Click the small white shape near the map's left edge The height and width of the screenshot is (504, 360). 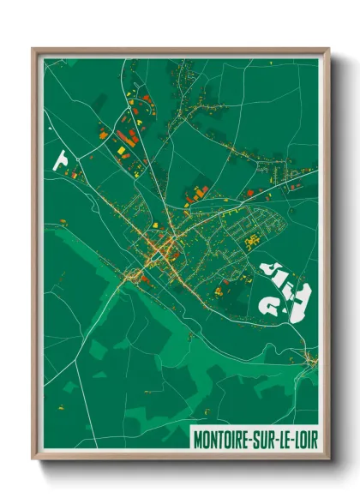[61, 159]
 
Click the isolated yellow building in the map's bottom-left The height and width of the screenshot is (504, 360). [63, 399]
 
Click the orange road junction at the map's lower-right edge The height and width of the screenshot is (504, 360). [309, 358]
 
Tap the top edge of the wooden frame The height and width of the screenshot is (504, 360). [180, 51]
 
